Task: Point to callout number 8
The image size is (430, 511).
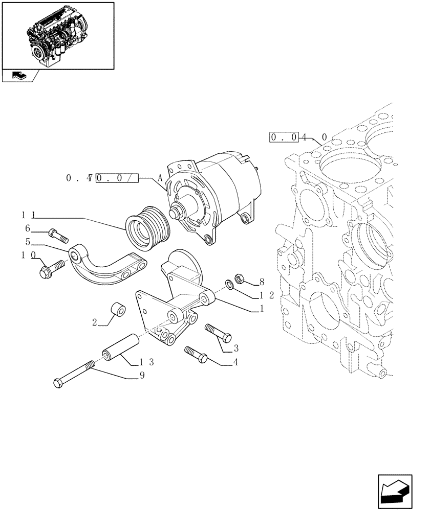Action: coord(262,281)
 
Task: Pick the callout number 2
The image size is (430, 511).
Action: coord(95,322)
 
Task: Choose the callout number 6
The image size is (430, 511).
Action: coord(28,228)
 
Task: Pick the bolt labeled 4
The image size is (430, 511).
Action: coord(195,355)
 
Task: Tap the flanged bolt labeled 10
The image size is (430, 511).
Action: coord(50,268)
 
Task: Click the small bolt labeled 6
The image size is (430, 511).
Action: coord(58,236)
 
